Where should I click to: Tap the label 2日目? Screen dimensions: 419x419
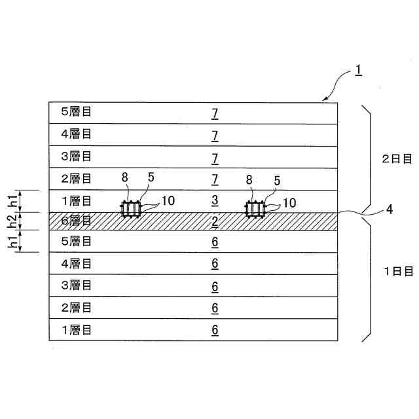click(397, 158)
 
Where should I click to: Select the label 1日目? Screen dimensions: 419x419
click(397, 270)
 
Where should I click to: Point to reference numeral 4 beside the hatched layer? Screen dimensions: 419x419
click(389, 209)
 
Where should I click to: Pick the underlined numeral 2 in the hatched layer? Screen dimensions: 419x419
click(215, 221)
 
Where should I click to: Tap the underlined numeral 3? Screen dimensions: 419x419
click(215, 200)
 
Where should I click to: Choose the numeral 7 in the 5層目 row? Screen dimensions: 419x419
click(215, 113)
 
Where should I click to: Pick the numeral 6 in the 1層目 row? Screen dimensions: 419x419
click(215, 329)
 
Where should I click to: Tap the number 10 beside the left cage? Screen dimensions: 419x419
click(168, 200)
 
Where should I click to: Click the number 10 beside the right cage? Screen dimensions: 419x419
click(288, 203)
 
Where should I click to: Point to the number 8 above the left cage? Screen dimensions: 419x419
click(126, 177)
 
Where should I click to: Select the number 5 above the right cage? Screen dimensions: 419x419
click(276, 179)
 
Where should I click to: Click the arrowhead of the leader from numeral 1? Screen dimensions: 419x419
click(324, 100)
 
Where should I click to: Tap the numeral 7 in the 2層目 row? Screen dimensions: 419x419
click(215, 178)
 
